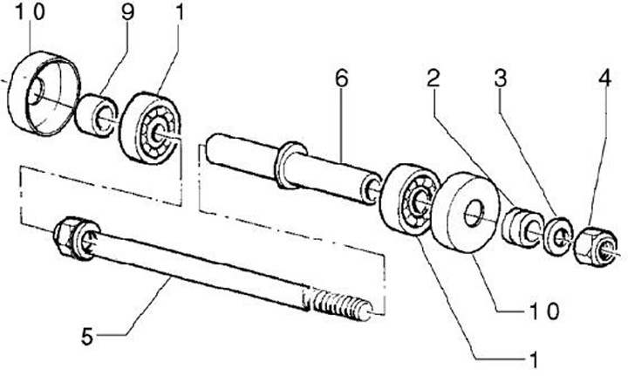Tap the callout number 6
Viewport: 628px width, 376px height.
click(x=341, y=79)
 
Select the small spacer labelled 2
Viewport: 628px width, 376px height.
click(x=521, y=226)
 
